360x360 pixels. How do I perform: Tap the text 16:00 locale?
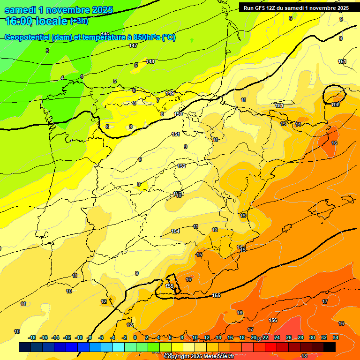pos(36,21)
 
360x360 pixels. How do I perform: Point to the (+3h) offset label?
pos(79,21)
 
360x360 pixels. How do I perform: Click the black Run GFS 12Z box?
pos(296,8)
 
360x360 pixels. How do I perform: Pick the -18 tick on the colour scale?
pos(32,337)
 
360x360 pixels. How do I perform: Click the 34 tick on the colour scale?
pos(336,337)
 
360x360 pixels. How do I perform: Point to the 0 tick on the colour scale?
pos(135,337)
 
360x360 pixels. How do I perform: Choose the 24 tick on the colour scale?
pos(277,337)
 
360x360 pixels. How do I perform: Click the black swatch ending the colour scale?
pos(330,347)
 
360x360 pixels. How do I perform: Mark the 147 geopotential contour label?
pos(133,45)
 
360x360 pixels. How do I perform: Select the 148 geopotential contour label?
pos(150,61)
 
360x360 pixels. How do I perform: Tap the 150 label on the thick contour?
pos(178,114)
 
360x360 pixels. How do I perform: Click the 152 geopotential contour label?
pos(182,166)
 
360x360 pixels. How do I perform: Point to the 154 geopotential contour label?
pos(175,231)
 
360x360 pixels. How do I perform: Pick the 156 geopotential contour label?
pos(273,320)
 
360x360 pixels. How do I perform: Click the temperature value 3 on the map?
pos(47,50)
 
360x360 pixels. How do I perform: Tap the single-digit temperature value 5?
pos(115,81)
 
